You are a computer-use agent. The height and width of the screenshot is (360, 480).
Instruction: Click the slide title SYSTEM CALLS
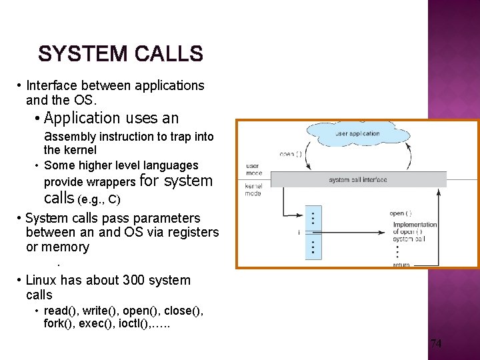click(x=120, y=53)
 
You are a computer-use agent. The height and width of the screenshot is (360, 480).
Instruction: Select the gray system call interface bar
click(x=357, y=179)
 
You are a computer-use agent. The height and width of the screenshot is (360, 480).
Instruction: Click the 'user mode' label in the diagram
click(x=254, y=169)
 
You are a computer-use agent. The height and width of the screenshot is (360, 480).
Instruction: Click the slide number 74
click(x=436, y=344)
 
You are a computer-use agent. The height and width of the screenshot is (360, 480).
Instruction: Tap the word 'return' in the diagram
click(x=401, y=265)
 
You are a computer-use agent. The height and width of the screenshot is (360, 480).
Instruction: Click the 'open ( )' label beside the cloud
click(x=291, y=155)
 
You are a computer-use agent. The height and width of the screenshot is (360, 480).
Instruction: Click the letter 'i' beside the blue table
click(x=298, y=233)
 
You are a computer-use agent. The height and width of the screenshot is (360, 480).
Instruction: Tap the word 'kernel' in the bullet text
click(x=79, y=150)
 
